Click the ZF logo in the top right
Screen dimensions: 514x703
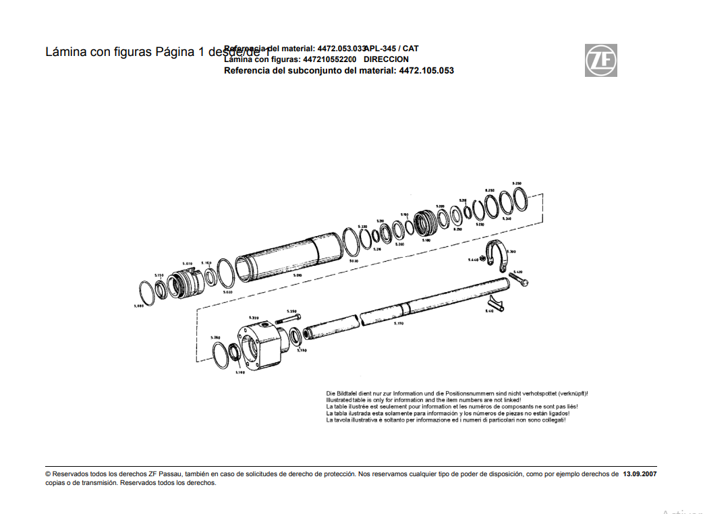click(600, 60)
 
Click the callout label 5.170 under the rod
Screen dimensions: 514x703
click(399, 324)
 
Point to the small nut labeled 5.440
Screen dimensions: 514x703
click(482, 259)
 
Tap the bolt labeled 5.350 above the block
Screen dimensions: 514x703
click(288, 318)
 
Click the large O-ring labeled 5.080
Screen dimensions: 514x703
click(146, 294)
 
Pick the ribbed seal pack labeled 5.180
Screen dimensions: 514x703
click(426, 223)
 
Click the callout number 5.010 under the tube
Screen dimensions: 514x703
click(298, 275)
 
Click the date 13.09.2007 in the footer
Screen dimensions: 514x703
click(640, 474)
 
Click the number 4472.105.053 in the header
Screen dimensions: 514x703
click(426, 70)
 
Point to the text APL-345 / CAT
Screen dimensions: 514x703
click(392, 49)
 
